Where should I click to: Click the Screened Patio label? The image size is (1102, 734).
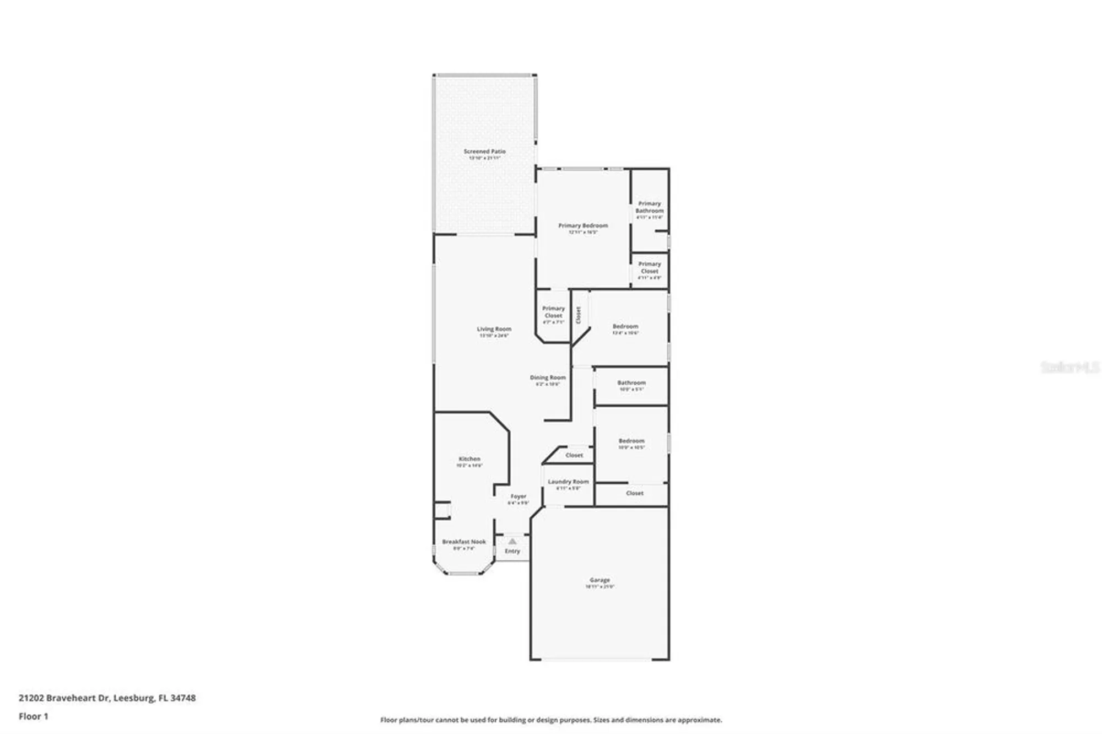tap(484, 152)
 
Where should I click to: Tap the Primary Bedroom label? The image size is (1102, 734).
tap(583, 226)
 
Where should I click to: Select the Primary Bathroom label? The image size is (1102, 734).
tap(650, 207)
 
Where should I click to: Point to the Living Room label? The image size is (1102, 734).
tap(494, 330)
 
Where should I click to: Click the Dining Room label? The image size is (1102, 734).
tap(548, 378)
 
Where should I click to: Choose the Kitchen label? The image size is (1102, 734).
tap(469, 459)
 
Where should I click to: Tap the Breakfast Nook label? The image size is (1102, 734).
tap(464, 542)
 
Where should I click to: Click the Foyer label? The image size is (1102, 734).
tap(518, 496)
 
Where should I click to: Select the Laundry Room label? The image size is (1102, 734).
tap(568, 482)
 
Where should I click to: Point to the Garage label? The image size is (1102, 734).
tap(599, 580)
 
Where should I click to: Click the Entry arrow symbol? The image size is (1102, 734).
tap(512, 541)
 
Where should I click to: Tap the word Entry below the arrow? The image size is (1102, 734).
tap(512, 551)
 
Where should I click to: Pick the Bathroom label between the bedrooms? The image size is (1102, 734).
tap(631, 383)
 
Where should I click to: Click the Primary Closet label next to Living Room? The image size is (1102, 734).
tap(553, 312)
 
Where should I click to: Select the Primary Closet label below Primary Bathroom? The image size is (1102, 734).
tap(650, 267)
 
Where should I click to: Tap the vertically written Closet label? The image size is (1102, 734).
tap(579, 315)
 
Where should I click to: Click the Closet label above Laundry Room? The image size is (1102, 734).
tap(574, 455)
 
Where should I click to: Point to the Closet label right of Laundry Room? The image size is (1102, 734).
tap(635, 493)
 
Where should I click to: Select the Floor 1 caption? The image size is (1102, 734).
tap(34, 716)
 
